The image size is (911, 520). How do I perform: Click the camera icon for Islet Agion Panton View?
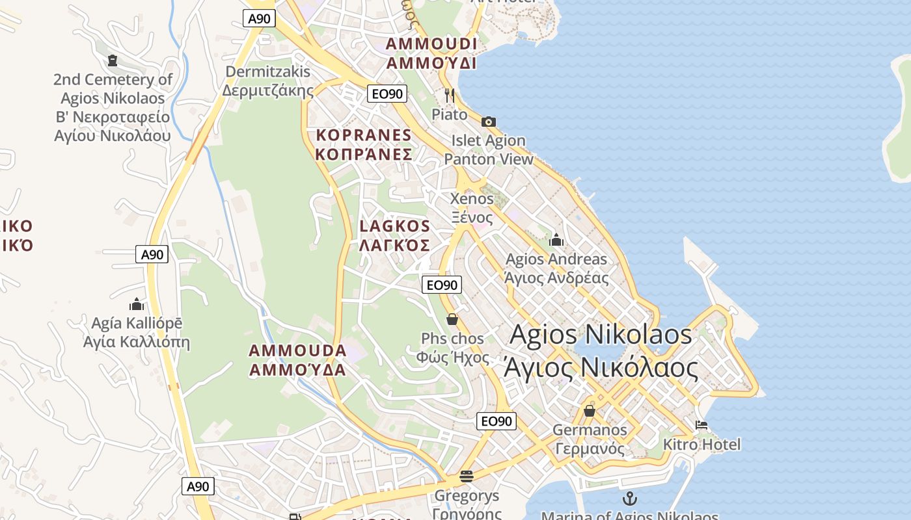pyautogui.click(x=489, y=122)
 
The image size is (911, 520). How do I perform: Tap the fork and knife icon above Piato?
pyautogui.click(x=449, y=96)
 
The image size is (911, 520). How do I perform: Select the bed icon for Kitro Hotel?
pyautogui.click(x=701, y=425)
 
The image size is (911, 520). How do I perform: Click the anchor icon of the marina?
pyautogui.click(x=629, y=499)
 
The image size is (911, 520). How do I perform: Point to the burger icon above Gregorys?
pyautogui.click(x=466, y=476)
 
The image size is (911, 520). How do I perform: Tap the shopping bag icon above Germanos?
pyautogui.click(x=590, y=411)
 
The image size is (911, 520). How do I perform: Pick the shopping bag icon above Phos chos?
pyautogui.click(x=452, y=319)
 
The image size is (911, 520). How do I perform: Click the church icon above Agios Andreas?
pyautogui.click(x=556, y=240)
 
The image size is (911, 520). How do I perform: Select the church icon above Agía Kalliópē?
pyautogui.click(x=137, y=304)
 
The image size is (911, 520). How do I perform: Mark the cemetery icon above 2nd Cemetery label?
pyautogui.click(x=113, y=60)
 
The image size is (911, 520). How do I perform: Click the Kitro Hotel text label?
pyautogui.click(x=701, y=445)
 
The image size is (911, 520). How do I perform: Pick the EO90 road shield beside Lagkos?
pyautogui.click(x=442, y=285)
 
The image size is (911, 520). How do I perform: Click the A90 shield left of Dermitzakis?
pyautogui.click(x=259, y=18)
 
